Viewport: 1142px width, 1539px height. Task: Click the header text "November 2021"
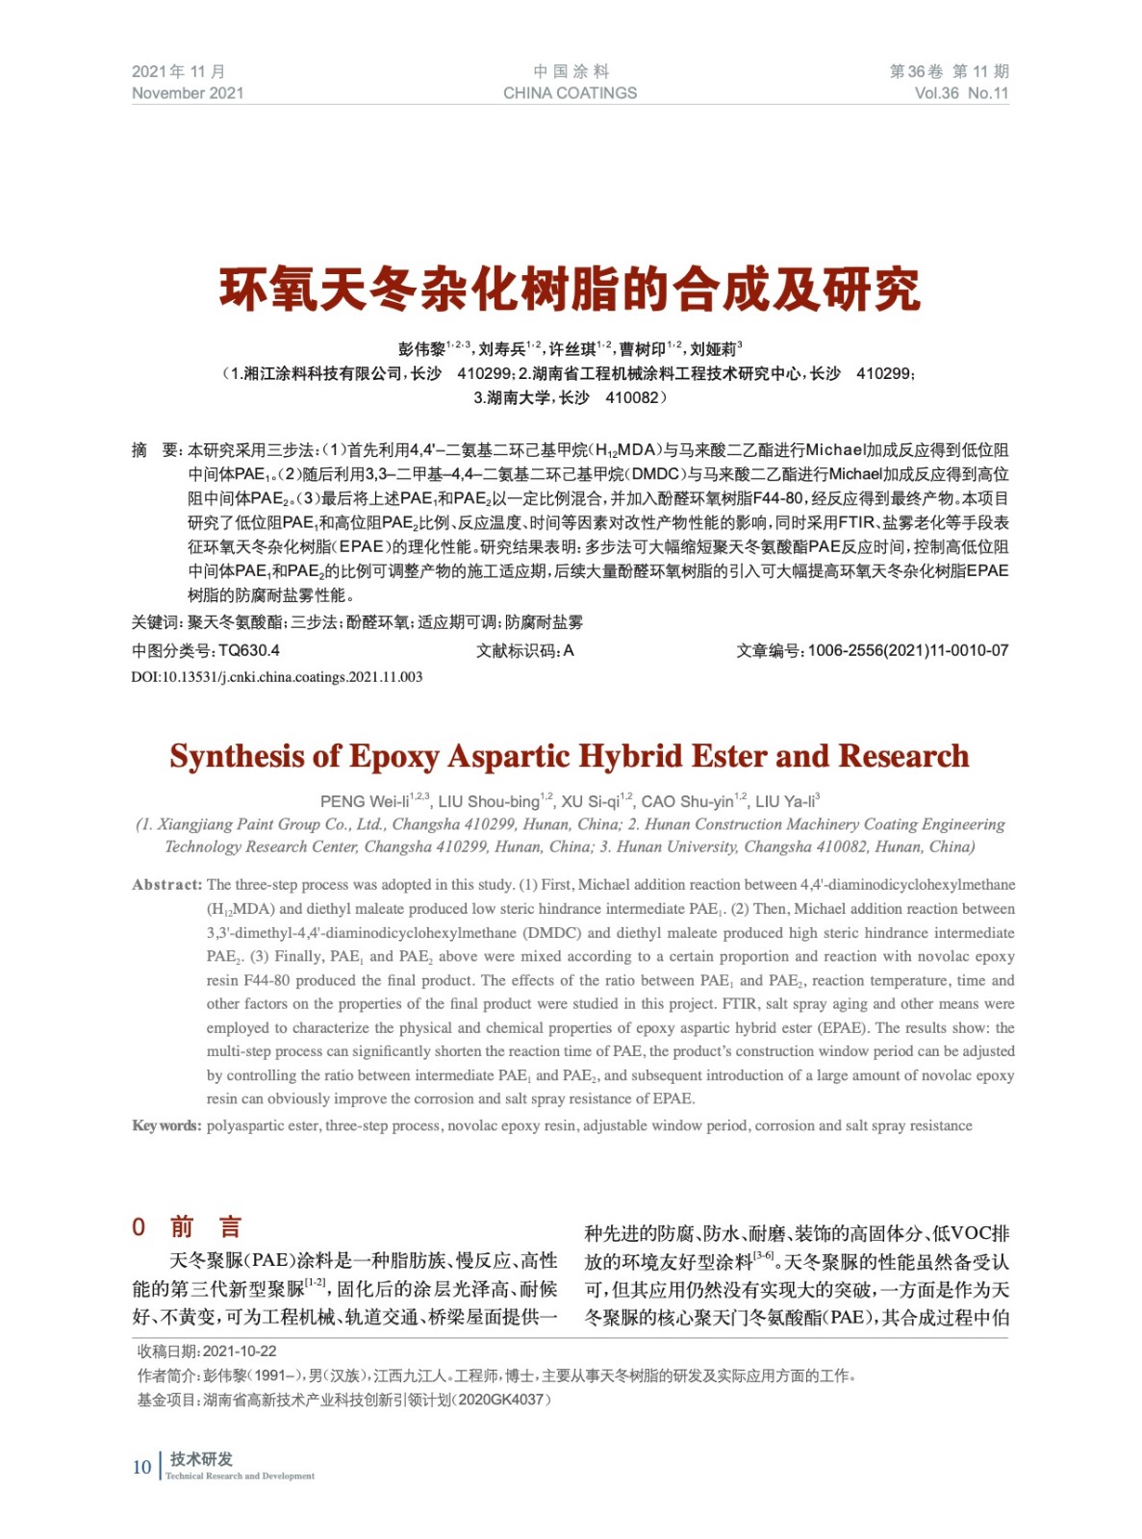coord(188,93)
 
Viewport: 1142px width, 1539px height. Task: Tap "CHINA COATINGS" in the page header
coord(570,93)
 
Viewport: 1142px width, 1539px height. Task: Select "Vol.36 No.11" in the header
coord(961,93)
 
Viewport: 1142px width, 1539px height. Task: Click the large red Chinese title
coord(570,290)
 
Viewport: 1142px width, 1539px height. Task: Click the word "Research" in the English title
coord(903,757)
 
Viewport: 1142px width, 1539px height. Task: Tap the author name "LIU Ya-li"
coord(783,802)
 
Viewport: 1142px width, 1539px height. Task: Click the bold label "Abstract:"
coord(167,885)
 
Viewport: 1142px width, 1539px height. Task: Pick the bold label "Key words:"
coord(166,1126)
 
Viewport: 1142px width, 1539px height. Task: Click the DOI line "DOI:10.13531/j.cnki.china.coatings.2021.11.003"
coord(277,677)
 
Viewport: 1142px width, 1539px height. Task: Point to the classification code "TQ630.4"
coord(249,651)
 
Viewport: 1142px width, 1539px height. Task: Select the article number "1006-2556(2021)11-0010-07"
coord(907,651)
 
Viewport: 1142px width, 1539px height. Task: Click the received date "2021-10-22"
coord(240,1351)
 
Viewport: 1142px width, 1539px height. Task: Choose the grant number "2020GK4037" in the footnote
coord(501,1400)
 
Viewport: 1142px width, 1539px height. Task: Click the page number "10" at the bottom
coord(141,1467)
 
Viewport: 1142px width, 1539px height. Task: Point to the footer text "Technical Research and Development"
coord(241,1476)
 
